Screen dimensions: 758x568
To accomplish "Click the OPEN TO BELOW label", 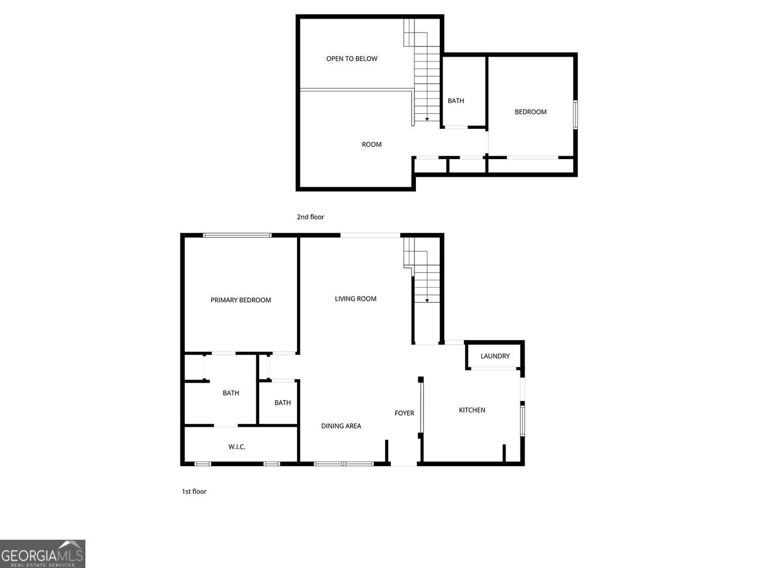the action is pos(352,59).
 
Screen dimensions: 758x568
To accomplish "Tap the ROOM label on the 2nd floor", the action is pos(371,144).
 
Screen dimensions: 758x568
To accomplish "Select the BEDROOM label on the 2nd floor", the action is pos(531,112).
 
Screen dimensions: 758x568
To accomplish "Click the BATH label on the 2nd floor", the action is pos(456,100).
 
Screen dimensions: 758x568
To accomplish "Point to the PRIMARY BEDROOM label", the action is pos(241,300).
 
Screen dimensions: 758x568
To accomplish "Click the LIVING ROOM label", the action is pos(355,299).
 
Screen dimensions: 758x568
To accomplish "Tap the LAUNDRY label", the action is pos(495,356).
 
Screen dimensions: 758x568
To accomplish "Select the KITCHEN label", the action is pos(471,410).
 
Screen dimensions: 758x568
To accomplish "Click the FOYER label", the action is pos(404,413).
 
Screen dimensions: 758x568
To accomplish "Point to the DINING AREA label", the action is pos(341,426).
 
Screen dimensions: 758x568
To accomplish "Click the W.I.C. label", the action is pos(236,447).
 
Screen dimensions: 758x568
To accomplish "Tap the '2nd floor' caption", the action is pos(310,217).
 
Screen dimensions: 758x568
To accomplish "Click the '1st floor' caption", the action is pos(194,491).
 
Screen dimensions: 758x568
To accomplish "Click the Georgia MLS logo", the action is pos(42,554).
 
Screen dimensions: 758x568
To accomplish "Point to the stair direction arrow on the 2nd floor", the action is pos(427,119).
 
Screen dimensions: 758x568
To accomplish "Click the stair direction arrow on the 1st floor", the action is pos(427,301).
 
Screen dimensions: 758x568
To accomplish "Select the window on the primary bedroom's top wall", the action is pos(237,235).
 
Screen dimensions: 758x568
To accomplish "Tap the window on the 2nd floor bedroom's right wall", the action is pos(575,115).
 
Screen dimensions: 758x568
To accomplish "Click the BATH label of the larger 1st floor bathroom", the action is pos(230,393).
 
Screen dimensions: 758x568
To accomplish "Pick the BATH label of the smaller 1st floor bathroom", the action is pos(282,402).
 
